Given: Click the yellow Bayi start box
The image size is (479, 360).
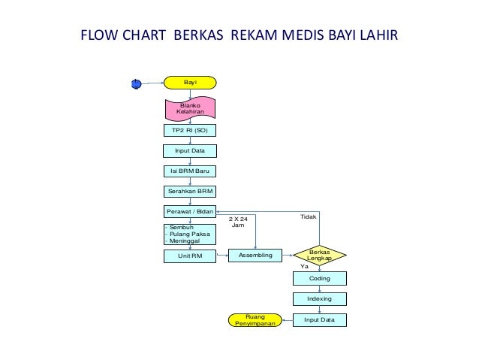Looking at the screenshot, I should pos(190,83).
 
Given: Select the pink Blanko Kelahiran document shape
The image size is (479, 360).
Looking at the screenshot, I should pos(190,108).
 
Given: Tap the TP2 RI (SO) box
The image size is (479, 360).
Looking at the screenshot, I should pos(190,131).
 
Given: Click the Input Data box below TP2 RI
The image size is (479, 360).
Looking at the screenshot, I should pos(190,151).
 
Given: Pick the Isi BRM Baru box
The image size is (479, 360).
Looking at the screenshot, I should pos(190,171).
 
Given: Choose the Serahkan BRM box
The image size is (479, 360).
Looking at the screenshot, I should pos(190,192).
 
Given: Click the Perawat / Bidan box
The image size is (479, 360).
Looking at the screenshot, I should pos(190,213).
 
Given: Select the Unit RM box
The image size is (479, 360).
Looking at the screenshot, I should pos(190,256).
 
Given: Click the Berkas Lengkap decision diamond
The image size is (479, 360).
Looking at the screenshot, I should pos(319,256).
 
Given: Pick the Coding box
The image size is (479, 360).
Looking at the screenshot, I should pos(319,278).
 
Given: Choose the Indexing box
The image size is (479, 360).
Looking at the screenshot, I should pos(319,299).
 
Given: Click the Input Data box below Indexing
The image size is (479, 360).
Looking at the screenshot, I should pos(319,320).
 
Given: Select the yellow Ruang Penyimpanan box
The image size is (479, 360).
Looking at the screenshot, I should pos(252,321).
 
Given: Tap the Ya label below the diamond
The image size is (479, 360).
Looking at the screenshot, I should pos(304,267).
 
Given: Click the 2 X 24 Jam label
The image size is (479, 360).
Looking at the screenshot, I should pos(238,222).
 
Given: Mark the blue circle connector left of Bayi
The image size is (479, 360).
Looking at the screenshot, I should pos(136,83).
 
